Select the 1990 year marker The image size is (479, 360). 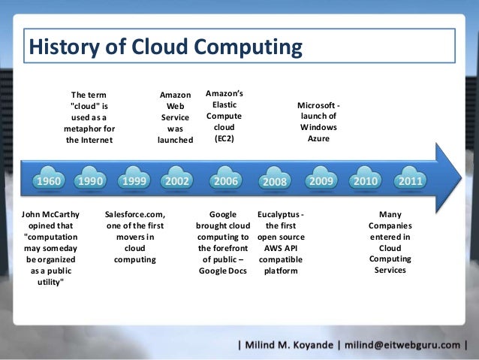pyautogui.click(x=90, y=182)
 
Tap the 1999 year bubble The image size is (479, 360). pyautogui.click(x=134, y=182)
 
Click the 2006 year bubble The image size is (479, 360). pyautogui.click(x=227, y=182)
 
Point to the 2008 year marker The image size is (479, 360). pyautogui.click(x=274, y=183)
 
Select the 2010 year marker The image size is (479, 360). pyautogui.click(x=366, y=182)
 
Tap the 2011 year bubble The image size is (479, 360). pyautogui.click(x=409, y=182)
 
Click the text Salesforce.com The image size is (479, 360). pyautogui.click(x=136, y=214)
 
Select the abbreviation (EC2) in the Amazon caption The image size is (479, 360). pyautogui.click(x=224, y=140)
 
